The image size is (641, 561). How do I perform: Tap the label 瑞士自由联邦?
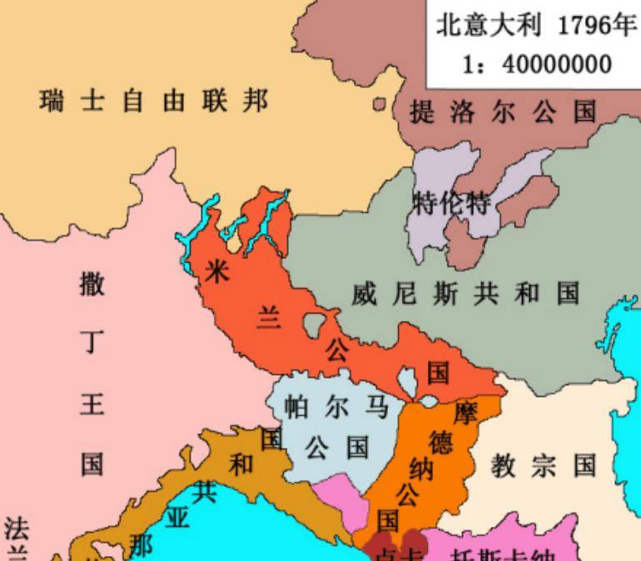(x=155, y=101)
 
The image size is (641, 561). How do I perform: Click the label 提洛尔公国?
(x=504, y=112)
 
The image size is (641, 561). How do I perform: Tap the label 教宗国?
(x=544, y=464)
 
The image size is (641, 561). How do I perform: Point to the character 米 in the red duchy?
(x=216, y=269)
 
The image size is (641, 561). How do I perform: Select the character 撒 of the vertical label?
(x=92, y=283)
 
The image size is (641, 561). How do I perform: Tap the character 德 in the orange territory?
(x=441, y=441)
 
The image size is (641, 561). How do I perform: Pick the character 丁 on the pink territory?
(x=92, y=343)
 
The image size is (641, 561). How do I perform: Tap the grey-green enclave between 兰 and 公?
(x=315, y=323)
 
